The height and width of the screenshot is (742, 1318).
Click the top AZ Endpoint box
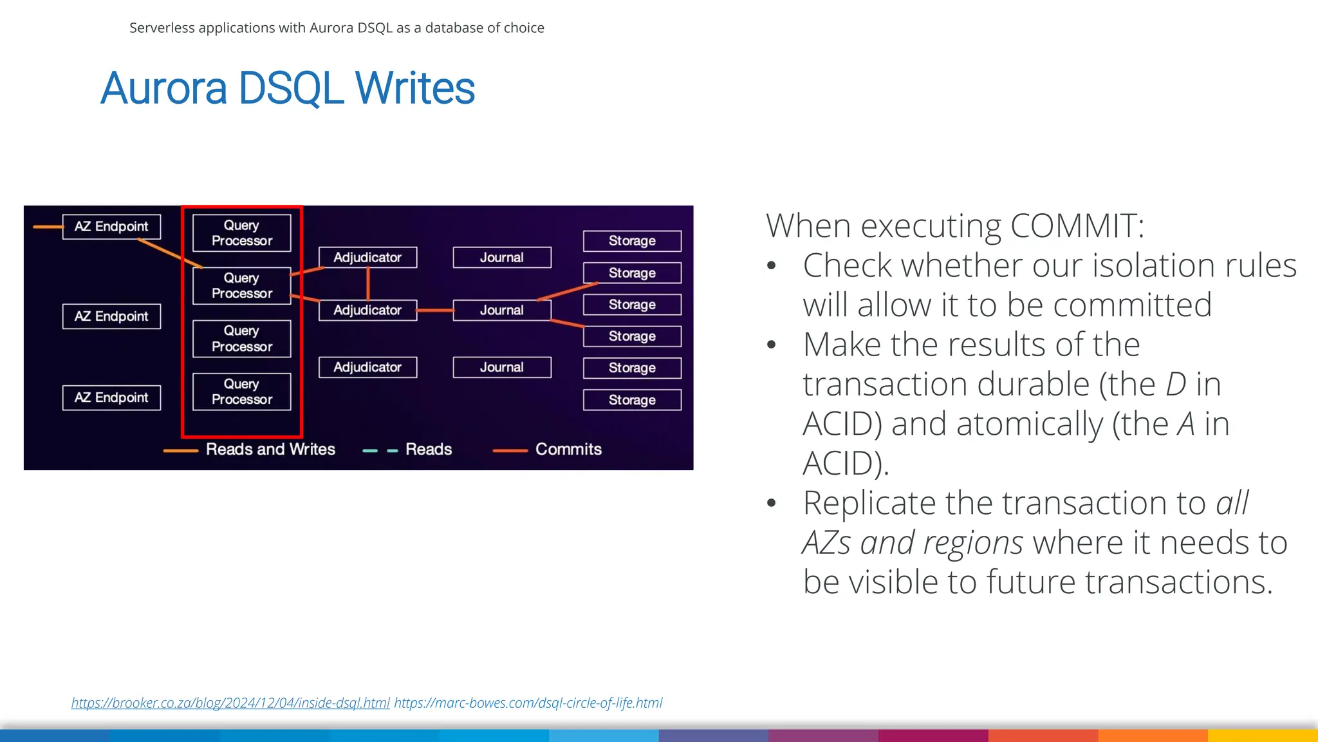111,227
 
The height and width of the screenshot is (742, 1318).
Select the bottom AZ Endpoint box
111,397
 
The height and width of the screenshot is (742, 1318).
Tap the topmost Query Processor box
241,233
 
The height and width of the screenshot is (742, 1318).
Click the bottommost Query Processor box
241,392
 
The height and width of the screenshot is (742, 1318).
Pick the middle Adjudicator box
367,310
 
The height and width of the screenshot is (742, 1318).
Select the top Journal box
502,258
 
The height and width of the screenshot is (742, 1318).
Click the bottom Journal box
502,367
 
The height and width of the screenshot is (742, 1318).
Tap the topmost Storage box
632,241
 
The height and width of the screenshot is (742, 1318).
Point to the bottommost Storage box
632,400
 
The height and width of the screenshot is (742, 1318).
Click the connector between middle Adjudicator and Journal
435,310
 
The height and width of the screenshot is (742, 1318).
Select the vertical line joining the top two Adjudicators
368,283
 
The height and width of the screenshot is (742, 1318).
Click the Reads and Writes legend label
270,450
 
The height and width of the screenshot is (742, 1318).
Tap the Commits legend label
568,450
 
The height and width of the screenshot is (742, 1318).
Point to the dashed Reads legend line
380,451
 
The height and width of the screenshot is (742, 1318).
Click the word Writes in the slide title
415,89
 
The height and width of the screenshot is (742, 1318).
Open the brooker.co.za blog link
230,703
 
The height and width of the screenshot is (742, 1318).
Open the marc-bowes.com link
528,703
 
